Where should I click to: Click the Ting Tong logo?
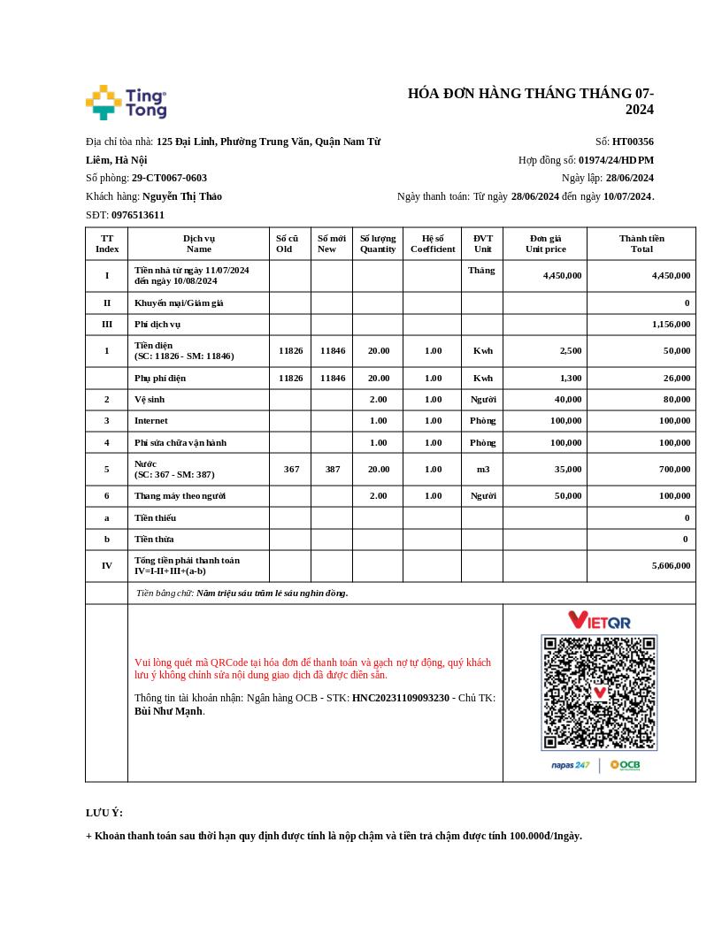127,103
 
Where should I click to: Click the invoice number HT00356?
633,142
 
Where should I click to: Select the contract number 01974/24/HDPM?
616,160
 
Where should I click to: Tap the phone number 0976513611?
138,215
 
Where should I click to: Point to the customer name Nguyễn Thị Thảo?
182,196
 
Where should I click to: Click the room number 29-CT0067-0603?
169,178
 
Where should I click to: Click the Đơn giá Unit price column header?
545,243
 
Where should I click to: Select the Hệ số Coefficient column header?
433,243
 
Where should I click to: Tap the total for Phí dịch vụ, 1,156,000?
671,325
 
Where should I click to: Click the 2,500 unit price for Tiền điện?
571,350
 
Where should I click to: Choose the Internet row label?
151,420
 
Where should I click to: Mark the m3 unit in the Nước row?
482,469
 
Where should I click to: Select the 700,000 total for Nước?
674,469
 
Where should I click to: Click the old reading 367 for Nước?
291,469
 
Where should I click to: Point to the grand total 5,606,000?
671,565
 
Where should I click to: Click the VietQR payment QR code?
599,693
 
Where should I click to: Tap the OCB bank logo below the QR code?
626,765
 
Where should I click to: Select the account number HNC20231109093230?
401,698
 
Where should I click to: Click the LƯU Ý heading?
104,813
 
